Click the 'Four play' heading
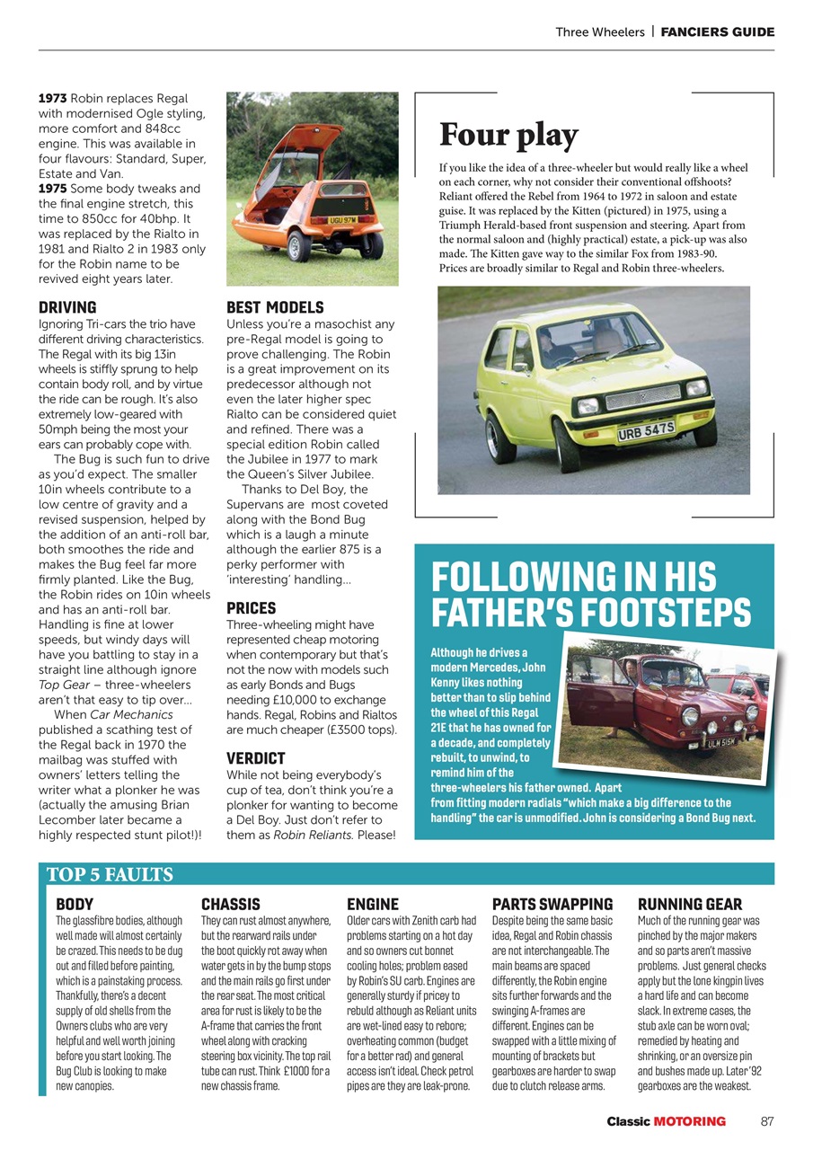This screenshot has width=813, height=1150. tap(508, 136)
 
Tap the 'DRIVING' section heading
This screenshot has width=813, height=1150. tap(67, 307)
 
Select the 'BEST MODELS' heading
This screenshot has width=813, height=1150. tap(275, 307)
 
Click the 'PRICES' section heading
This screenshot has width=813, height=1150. tap(251, 608)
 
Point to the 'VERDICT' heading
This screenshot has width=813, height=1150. tap(255, 758)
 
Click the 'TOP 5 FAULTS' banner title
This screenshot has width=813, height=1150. tap(110, 874)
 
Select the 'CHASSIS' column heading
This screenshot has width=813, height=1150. tap(231, 904)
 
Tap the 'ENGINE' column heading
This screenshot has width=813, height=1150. tap(373, 904)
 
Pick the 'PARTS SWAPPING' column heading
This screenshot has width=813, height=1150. tap(552, 904)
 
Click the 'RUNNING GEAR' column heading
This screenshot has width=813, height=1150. tap(690, 904)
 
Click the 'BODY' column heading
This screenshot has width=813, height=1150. tap(75, 904)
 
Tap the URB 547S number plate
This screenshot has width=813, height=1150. tap(646, 432)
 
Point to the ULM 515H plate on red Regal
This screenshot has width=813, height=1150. tap(723, 743)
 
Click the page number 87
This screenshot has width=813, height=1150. tap(766, 1121)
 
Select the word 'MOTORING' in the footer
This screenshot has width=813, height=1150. tap(689, 1121)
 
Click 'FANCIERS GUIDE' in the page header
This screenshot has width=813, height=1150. tap(717, 31)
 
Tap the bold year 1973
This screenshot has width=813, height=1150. tap(52, 98)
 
